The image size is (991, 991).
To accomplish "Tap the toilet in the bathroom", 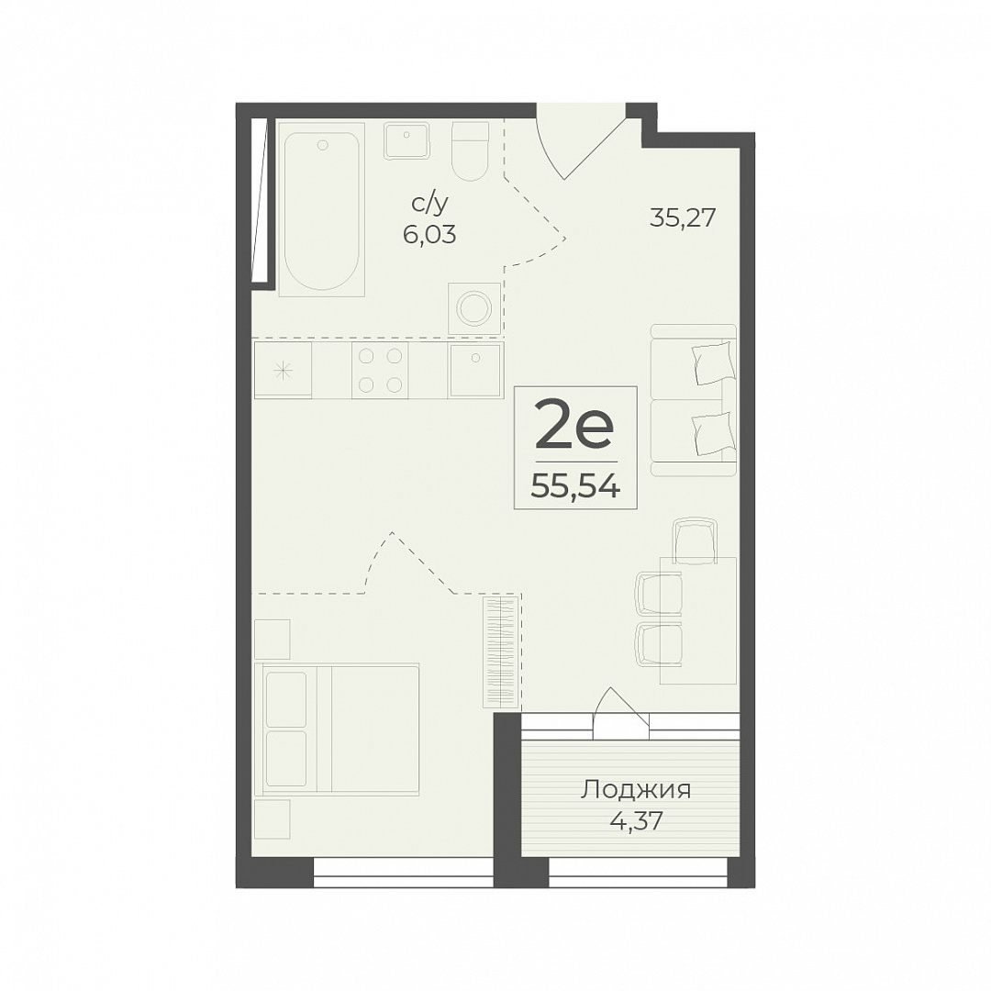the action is click(x=470, y=151).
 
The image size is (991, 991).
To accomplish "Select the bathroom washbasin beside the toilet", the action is click(x=406, y=141).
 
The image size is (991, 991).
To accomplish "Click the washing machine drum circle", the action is click(x=475, y=309).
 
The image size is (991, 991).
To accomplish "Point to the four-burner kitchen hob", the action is click(x=380, y=371).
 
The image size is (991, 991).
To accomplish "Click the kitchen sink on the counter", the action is click(x=476, y=371).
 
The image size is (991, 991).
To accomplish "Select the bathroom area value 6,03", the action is click(x=429, y=235).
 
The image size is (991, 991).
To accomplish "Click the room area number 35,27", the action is click(x=683, y=218).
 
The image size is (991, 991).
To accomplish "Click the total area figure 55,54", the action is click(x=574, y=486).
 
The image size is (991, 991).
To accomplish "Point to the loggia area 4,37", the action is click(x=637, y=821).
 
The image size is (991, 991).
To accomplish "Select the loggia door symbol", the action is click(x=621, y=711).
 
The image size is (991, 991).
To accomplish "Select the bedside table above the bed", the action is click(x=273, y=639).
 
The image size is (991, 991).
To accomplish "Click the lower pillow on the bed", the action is click(x=286, y=759).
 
